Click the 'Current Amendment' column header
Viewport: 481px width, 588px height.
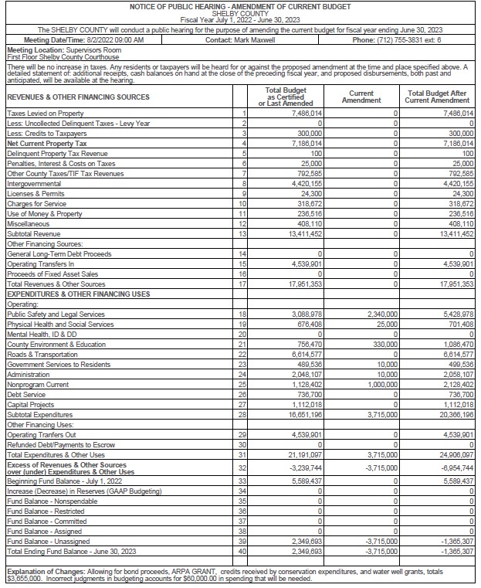point(361,97)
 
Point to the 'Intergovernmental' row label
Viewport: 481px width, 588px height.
point(32,184)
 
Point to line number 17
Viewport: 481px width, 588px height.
point(243,284)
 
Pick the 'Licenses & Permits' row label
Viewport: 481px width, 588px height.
point(34,194)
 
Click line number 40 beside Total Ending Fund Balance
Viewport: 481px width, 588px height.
point(243,551)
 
